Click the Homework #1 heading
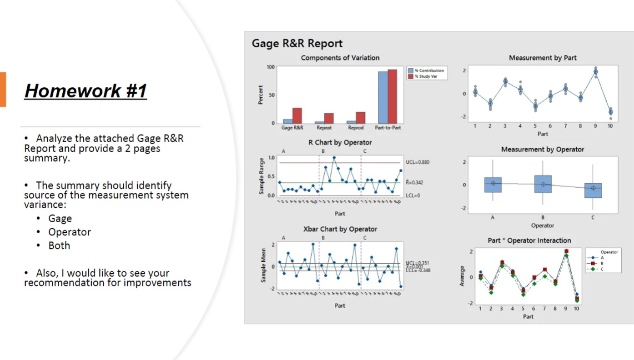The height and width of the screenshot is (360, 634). point(86,91)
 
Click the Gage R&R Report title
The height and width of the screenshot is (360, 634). point(297,44)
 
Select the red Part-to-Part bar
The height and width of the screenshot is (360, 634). point(392,96)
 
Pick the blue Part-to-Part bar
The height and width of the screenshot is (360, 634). point(383,97)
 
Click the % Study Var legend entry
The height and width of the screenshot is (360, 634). point(426,76)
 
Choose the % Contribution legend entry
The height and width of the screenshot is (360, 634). point(426,70)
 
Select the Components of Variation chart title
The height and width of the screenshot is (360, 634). point(340,58)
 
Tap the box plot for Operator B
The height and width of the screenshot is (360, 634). point(543,184)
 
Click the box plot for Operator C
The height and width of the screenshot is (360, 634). point(593,190)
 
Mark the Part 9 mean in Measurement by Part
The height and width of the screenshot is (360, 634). point(595,72)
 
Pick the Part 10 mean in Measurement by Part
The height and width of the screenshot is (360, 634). point(610,112)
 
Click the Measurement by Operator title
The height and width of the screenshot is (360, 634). point(542,149)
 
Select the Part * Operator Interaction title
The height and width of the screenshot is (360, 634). point(529,240)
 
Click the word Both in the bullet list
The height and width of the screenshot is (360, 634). point(59,245)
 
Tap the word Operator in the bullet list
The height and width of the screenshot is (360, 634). point(70,232)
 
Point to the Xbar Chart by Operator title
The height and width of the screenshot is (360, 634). point(340,229)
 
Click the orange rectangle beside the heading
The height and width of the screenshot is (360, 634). point(3,89)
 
